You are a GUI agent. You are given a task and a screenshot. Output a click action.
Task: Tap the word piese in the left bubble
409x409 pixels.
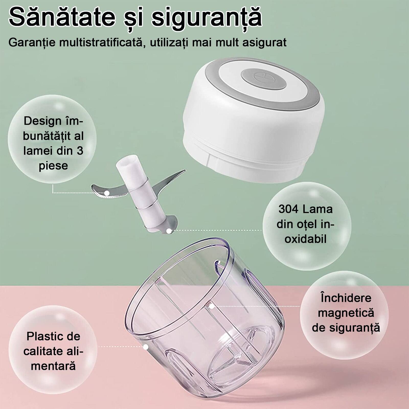(53, 166)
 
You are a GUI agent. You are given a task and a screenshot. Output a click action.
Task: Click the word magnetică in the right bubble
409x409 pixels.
(346, 313)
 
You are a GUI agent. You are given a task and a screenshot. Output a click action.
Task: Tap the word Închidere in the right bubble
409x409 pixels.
(346, 298)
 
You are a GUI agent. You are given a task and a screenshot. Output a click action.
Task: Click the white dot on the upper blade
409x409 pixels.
(107, 193)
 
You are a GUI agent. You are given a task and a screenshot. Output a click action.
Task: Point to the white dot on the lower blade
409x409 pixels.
(168, 231)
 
